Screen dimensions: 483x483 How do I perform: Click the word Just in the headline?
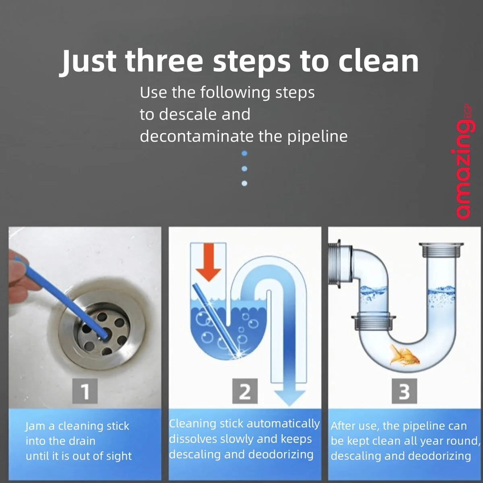coord(88,62)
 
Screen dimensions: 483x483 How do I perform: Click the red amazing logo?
coord(465,161)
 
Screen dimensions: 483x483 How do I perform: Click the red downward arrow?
coord(208,262)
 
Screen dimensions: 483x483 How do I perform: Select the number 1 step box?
coord(85,391)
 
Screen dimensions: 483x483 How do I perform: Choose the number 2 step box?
coord(245,391)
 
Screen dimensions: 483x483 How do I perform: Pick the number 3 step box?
coord(404,391)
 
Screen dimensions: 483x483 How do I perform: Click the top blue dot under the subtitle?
coord(244,153)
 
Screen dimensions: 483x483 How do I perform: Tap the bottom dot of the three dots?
coord(244,184)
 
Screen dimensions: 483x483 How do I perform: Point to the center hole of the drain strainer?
coord(103,333)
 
